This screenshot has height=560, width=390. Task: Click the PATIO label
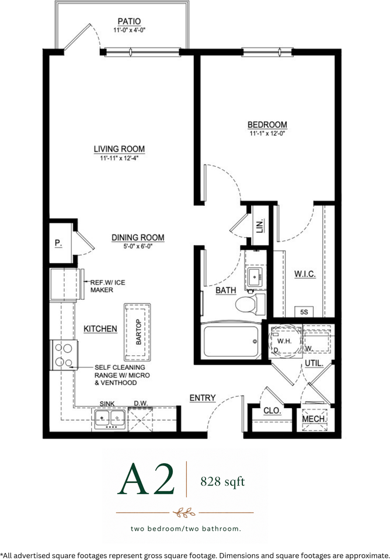pos(129,22)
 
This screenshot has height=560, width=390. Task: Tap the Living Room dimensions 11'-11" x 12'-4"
pos(119,158)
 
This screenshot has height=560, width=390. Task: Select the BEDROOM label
pos(267,125)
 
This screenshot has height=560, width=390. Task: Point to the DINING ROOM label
pos(138,237)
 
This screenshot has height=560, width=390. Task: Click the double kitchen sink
pos(109,418)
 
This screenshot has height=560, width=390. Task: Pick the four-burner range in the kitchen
pos(64,355)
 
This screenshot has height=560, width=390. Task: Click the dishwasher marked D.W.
pos(140,419)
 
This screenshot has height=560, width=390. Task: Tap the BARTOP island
pos(137,332)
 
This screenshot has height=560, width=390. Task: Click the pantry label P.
pos(58,243)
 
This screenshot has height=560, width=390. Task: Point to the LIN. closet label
pos(260,225)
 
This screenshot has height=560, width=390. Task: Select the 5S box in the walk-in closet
pos(304,311)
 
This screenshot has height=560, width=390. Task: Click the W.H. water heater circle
pos(285,340)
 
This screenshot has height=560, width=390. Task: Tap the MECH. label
pos(314,419)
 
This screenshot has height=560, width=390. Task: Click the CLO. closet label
pos(273,411)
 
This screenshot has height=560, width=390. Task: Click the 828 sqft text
pos(222,482)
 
